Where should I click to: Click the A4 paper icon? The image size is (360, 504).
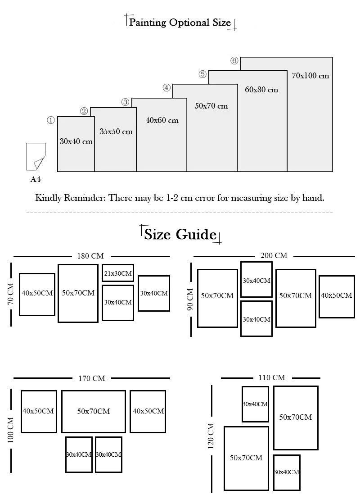(36, 156)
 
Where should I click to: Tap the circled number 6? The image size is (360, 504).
(234, 61)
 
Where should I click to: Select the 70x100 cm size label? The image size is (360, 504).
(310, 76)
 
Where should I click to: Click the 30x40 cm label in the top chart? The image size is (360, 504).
(76, 141)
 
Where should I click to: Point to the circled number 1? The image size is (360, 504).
(51, 120)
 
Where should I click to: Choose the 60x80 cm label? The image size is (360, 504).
(261, 90)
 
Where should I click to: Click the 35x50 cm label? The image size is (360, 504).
(116, 132)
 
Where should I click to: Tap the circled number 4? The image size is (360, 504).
(166, 88)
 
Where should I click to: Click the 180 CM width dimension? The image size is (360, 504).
(90, 256)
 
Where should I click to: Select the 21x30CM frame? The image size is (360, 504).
(118, 273)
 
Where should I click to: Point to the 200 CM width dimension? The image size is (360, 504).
(274, 255)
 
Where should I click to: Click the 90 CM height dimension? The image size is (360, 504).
(190, 299)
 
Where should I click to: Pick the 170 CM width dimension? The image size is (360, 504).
(92, 378)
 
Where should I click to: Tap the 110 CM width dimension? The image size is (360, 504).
(272, 377)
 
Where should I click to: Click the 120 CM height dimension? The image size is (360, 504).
(211, 436)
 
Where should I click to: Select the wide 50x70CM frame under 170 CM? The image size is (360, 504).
(94, 411)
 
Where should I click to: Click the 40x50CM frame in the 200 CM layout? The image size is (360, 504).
(336, 296)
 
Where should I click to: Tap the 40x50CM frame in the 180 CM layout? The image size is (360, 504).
(37, 294)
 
